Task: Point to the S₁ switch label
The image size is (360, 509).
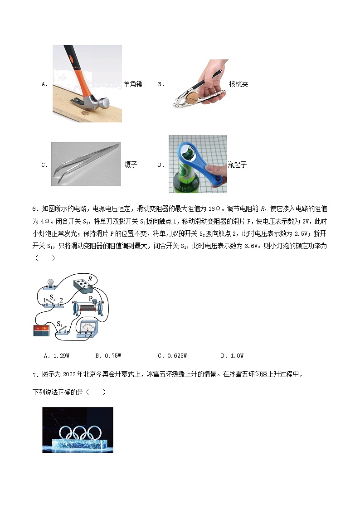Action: click(59, 324)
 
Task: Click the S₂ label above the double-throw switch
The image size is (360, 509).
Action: click(53, 298)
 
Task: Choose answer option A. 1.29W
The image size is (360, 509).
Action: click(56, 356)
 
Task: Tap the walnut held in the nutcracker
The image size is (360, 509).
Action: click(195, 97)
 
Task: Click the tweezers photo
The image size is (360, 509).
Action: click(86, 164)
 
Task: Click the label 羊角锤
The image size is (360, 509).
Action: click(133, 84)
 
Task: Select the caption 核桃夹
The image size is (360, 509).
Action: click(238, 84)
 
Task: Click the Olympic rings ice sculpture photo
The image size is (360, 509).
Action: click(78, 430)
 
